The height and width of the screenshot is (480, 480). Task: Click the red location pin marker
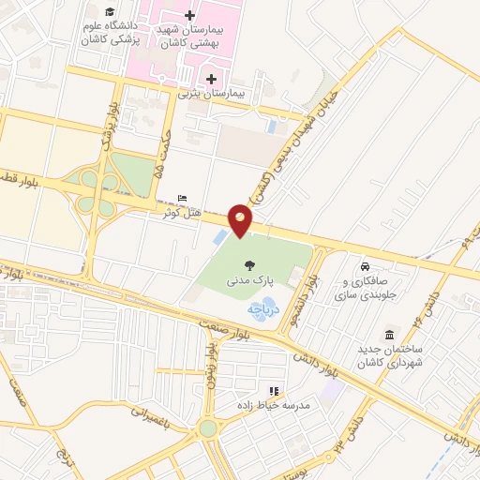(242, 221)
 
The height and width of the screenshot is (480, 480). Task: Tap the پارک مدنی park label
(247, 279)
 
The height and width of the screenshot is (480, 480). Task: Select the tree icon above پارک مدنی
(248, 265)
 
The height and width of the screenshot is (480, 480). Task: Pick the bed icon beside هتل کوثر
(182, 199)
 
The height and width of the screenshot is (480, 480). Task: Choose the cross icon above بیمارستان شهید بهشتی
(190, 15)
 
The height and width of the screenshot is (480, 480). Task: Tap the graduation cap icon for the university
(110, 11)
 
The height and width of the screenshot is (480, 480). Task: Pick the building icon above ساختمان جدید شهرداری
(390, 336)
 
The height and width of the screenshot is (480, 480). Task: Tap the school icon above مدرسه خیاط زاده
(275, 390)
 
